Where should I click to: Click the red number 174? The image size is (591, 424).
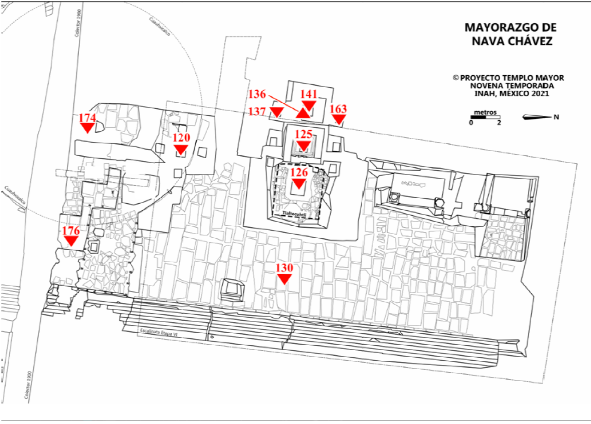[x=87, y=117]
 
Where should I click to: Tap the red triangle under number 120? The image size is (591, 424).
[x=181, y=149]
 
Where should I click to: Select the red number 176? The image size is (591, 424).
[x=71, y=230]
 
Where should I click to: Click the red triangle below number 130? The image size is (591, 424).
[x=284, y=279]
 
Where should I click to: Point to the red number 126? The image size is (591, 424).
[x=298, y=173]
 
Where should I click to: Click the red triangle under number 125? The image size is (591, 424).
[x=304, y=147]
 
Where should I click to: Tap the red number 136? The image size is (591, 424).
[x=257, y=94]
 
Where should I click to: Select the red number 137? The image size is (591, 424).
[x=258, y=112]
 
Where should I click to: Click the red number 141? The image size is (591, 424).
[x=309, y=94]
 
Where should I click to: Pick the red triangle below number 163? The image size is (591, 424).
[x=339, y=120]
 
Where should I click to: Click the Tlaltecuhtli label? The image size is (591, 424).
[x=296, y=213]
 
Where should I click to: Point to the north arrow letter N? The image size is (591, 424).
[x=556, y=117]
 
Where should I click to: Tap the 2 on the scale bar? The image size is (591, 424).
[x=499, y=123]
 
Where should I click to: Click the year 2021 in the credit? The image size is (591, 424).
[x=538, y=94]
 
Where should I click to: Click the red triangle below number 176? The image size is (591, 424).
[x=71, y=241]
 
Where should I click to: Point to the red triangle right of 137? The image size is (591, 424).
[x=276, y=112]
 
